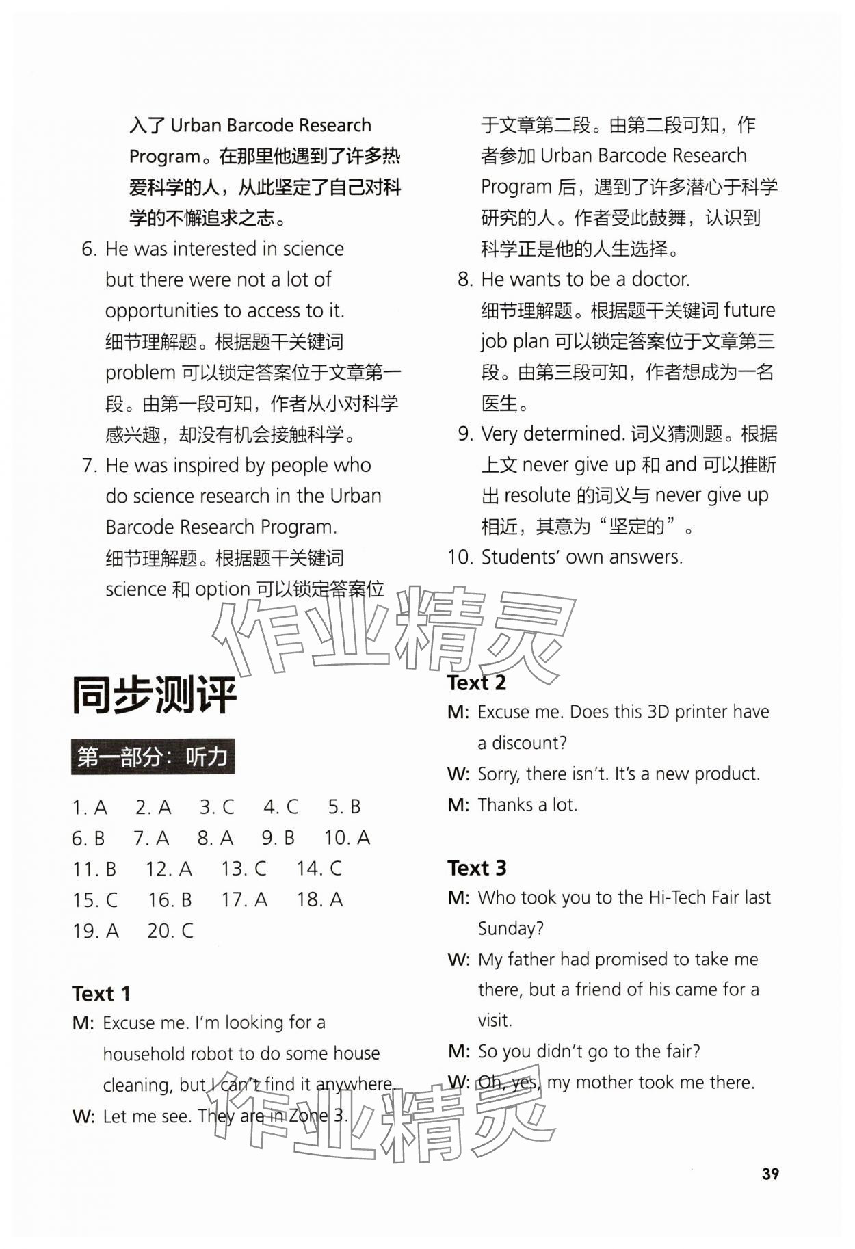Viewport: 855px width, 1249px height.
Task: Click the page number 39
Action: (770, 1174)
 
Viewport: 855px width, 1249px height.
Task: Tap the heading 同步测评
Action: (155, 696)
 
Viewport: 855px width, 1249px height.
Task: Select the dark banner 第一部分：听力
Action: (153, 757)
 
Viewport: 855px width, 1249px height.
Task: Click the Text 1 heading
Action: (101, 993)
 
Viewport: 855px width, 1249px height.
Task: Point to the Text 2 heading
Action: (476, 683)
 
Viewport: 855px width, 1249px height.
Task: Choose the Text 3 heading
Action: (476, 868)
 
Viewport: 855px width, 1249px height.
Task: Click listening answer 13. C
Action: (243, 869)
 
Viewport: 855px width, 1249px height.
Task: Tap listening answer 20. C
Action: (170, 931)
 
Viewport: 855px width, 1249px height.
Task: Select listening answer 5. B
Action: (344, 807)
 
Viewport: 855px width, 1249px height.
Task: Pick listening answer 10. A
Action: (347, 838)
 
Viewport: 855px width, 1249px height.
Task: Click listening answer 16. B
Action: (170, 900)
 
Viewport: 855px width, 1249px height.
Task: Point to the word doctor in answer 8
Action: (660, 279)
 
